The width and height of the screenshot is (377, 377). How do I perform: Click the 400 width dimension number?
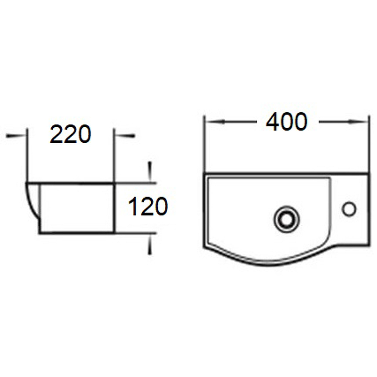[x=287, y=122]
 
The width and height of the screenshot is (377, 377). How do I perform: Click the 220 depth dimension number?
[x=70, y=134]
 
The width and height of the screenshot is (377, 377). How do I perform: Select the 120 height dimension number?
[x=148, y=206]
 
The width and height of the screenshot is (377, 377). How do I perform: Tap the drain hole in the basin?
[x=287, y=219]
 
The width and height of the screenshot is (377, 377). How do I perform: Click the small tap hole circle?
[x=349, y=209]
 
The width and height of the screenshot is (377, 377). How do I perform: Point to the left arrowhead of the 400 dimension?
[x=215, y=122]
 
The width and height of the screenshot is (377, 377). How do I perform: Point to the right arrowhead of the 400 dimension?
[x=358, y=122]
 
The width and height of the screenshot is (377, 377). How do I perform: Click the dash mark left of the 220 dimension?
[x=15, y=136]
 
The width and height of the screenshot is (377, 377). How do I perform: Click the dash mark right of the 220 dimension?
[x=125, y=136]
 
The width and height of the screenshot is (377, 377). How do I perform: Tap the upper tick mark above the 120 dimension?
[x=150, y=171]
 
